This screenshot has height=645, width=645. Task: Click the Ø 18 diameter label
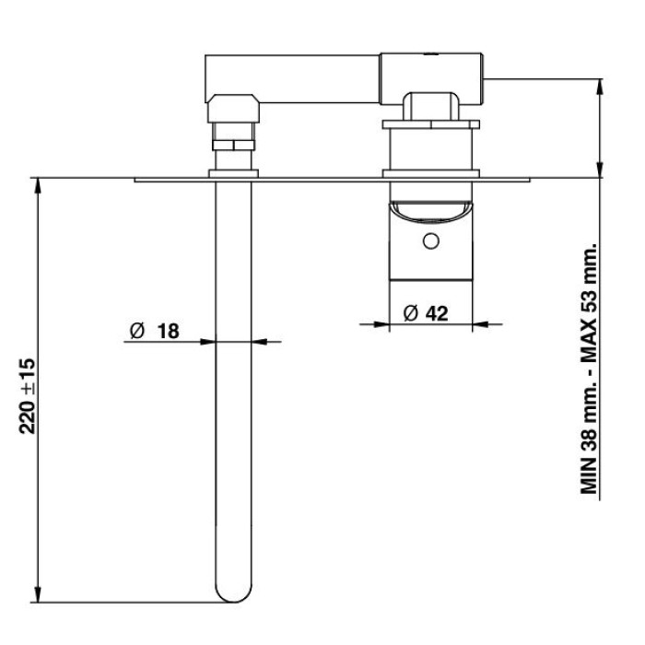[155, 331]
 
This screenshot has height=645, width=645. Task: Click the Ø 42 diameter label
[426, 314]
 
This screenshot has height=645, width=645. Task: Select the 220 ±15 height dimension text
[28, 396]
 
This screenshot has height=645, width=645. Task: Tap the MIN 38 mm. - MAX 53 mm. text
[589, 368]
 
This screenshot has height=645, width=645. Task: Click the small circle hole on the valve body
[430, 241]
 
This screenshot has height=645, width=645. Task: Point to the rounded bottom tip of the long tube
[233, 595]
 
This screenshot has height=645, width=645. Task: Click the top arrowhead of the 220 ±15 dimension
[38, 185]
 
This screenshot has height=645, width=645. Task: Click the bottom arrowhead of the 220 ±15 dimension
[38, 594]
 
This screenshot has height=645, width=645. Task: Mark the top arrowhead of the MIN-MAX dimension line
[600, 87]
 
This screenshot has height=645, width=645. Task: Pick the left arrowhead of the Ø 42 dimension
[381, 324]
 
